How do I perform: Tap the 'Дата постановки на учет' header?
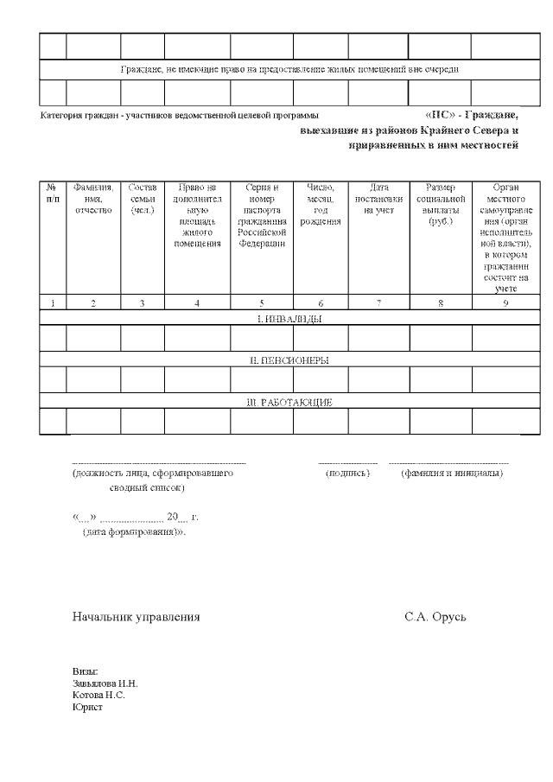pos(378,198)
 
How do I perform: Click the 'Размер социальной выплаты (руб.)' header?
pos(440,204)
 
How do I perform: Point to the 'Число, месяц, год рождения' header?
pos(321,204)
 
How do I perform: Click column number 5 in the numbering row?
pos(262,302)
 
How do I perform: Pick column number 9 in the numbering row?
pos(505,302)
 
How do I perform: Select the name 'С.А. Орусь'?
pos(435,617)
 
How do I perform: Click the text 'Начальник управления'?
pos(136,617)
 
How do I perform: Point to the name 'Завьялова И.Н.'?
pos(105,683)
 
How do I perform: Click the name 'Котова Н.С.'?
pos(99,695)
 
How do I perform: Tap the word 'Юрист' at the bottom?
pos(87,707)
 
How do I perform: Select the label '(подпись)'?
pos(347,474)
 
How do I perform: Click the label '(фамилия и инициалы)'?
pos(451,474)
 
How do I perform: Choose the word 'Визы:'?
pos(85,671)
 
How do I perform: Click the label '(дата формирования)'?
pos(134,532)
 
